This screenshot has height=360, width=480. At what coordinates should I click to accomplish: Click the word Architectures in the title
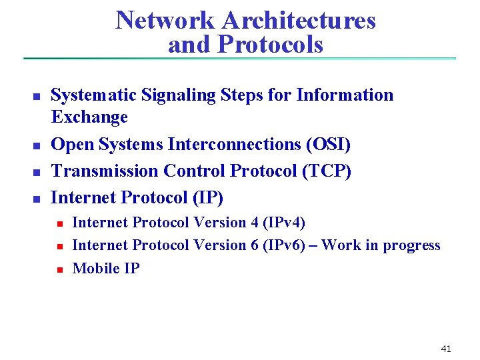click(x=299, y=21)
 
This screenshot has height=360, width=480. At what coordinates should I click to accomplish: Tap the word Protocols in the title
click(x=270, y=45)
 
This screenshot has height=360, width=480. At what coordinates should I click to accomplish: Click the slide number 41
click(x=446, y=349)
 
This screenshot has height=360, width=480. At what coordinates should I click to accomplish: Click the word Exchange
click(x=89, y=117)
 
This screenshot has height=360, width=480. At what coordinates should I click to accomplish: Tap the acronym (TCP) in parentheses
click(x=327, y=171)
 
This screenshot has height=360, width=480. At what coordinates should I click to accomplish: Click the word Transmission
click(x=105, y=171)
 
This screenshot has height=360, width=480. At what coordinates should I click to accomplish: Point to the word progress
click(x=411, y=245)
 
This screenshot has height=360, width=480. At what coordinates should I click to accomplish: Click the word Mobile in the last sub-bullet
click(x=94, y=268)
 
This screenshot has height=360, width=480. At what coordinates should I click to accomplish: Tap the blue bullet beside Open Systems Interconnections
click(x=37, y=145)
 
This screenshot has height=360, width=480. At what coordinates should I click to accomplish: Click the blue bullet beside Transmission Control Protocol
click(x=37, y=172)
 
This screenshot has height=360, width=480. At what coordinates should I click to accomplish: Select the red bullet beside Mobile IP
click(x=59, y=269)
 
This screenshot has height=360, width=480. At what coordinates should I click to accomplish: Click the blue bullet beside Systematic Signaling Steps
click(x=37, y=97)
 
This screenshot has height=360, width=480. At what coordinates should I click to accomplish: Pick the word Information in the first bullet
click(x=345, y=95)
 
